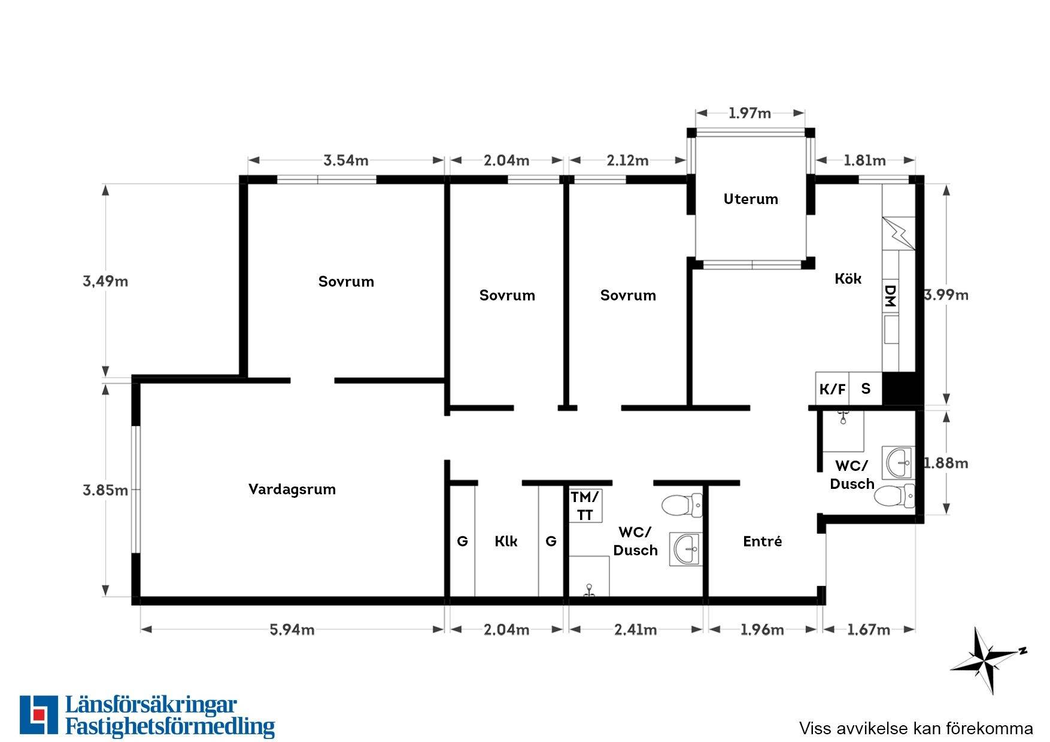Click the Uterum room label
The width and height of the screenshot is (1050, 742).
[751, 199]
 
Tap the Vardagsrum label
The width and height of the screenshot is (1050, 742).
[292, 489]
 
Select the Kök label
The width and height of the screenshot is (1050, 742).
[848, 278]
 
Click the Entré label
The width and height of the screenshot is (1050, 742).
[763, 542]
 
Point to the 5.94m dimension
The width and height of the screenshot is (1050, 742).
[292, 630]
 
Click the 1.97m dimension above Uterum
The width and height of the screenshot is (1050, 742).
[749, 113]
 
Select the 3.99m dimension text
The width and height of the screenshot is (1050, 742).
[946, 294]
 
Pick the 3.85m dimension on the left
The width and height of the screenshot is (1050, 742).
[105, 490]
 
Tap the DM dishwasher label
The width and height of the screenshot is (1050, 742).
[890, 296]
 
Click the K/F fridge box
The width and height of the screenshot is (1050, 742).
[833, 390]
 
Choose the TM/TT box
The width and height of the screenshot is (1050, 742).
[585, 506]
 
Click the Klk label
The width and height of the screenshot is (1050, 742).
[506, 542]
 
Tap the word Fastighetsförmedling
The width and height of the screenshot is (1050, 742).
[170, 726]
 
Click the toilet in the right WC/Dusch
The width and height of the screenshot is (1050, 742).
[895, 495]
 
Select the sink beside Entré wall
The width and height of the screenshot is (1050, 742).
[686, 549]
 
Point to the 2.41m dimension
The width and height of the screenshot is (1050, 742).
[635, 630]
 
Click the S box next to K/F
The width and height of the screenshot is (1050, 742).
[866, 390]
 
